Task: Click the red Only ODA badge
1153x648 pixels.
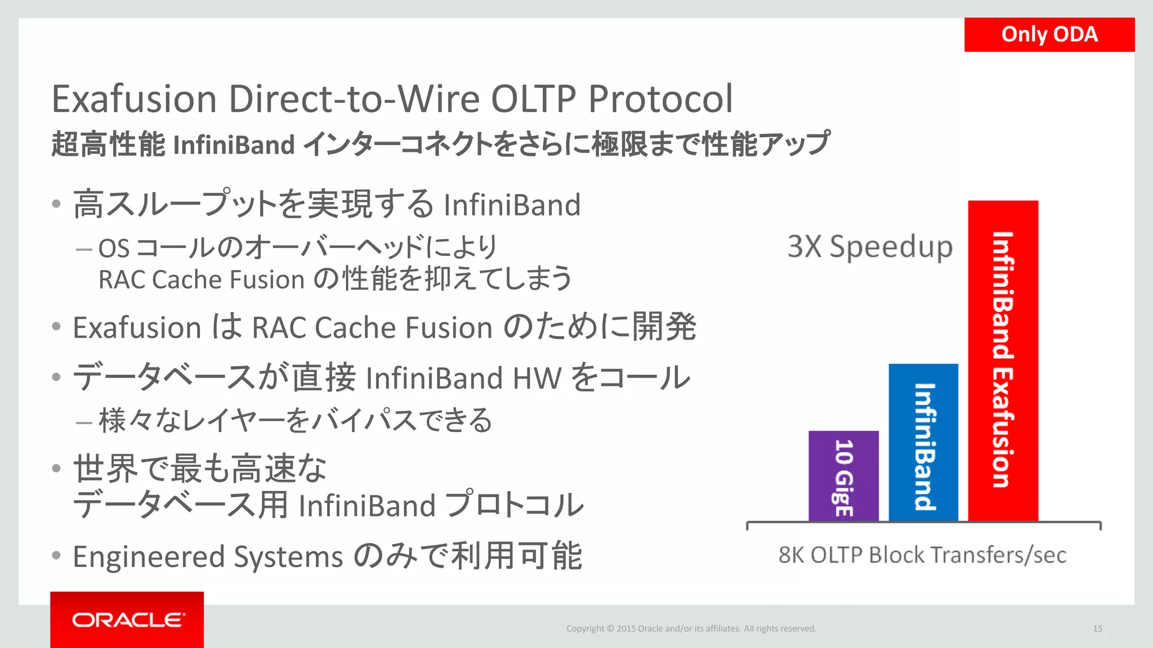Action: pyautogui.click(x=1049, y=35)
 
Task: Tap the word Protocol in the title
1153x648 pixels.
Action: pyautogui.click(x=660, y=99)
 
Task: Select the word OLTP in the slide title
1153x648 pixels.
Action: pyautogui.click(x=533, y=99)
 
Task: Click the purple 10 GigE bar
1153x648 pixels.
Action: pyautogui.click(x=843, y=476)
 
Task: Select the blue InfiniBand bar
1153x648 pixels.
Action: pyautogui.click(x=923, y=442)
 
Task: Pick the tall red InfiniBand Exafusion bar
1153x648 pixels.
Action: pyautogui.click(x=1003, y=360)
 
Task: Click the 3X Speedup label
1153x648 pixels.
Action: pyautogui.click(x=870, y=246)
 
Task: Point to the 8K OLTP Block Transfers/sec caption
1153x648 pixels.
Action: pyautogui.click(x=922, y=555)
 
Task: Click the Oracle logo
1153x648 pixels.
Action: pyautogui.click(x=127, y=620)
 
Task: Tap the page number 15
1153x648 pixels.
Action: pyautogui.click(x=1097, y=629)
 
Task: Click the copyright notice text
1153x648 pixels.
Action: pyautogui.click(x=691, y=629)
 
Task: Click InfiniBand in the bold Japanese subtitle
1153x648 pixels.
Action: pyautogui.click(x=234, y=145)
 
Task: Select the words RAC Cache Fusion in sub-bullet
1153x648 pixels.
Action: pyautogui.click(x=202, y=280)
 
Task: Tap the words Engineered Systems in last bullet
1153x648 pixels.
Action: pyautogui.click(x=207, y=557)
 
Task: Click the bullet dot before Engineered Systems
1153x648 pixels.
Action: pyautogui.click(x=56, y=556)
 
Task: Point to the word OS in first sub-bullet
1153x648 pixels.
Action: pyautogui.click(x=114, y=249)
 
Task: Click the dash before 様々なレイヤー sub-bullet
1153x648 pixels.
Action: pyautogui.click(x=84, y=422)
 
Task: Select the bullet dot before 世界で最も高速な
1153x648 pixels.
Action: pyautogui.click(x=56, y=468)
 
